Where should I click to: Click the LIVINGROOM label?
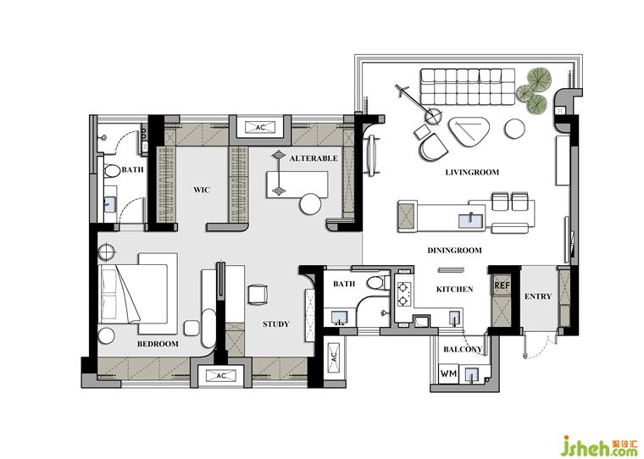pos(472,173)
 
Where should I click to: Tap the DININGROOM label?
pos(455,250)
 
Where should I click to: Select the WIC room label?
pos(202,190)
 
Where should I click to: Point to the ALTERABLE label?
pos(314,158)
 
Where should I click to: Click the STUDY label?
pos(276,324)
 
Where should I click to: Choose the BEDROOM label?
pos(158,344)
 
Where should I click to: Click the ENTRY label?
pos(538,296)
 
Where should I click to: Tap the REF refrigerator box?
pos(502,285)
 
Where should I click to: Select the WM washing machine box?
pos(448,373)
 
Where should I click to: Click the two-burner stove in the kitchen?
pos(402,294)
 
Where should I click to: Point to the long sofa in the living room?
pos(468,86)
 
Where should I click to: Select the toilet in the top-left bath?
pos(110,171)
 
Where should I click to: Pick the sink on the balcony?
pos(472,374)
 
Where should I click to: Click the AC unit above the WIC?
pos(260,127)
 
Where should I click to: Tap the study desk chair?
pos(258,295)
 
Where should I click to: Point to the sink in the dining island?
pos(472,220)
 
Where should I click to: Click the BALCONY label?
pos(463,350)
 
